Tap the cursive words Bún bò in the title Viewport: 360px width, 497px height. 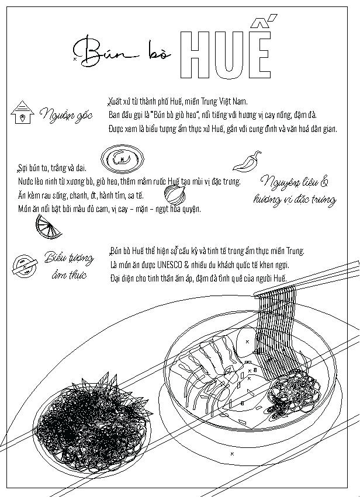coord(122,53)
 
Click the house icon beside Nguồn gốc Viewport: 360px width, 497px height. coord(22,112)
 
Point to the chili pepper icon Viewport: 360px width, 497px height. coord(247,161)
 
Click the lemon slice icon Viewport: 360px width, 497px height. coord(48,227)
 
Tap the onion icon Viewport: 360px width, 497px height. coord(175,194)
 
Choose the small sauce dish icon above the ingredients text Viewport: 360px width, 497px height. coord(122,159)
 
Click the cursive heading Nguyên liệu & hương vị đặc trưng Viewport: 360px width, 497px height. coord(295,190)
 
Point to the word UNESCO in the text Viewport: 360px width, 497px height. coord(169,265)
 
